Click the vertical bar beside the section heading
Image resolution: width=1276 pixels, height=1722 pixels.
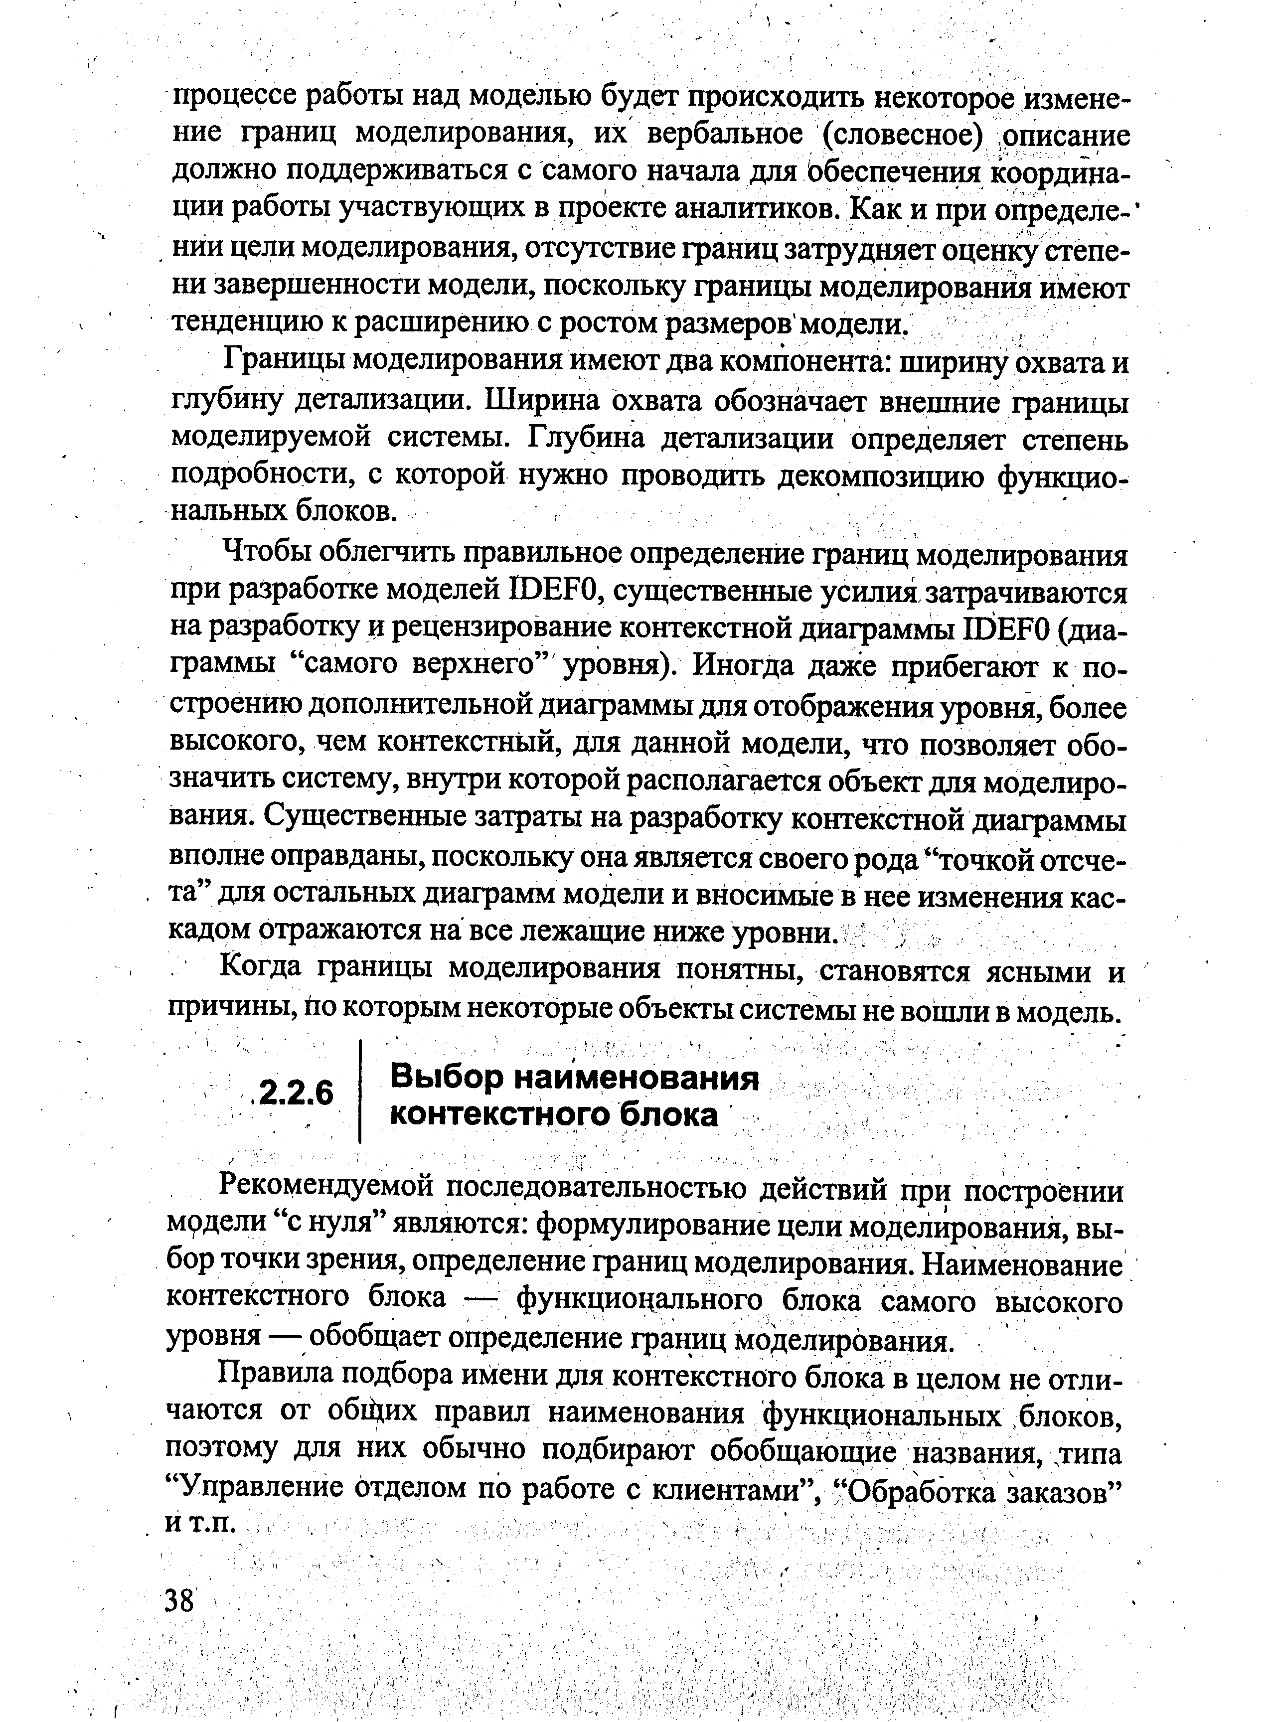click(x=361, y=1093)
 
